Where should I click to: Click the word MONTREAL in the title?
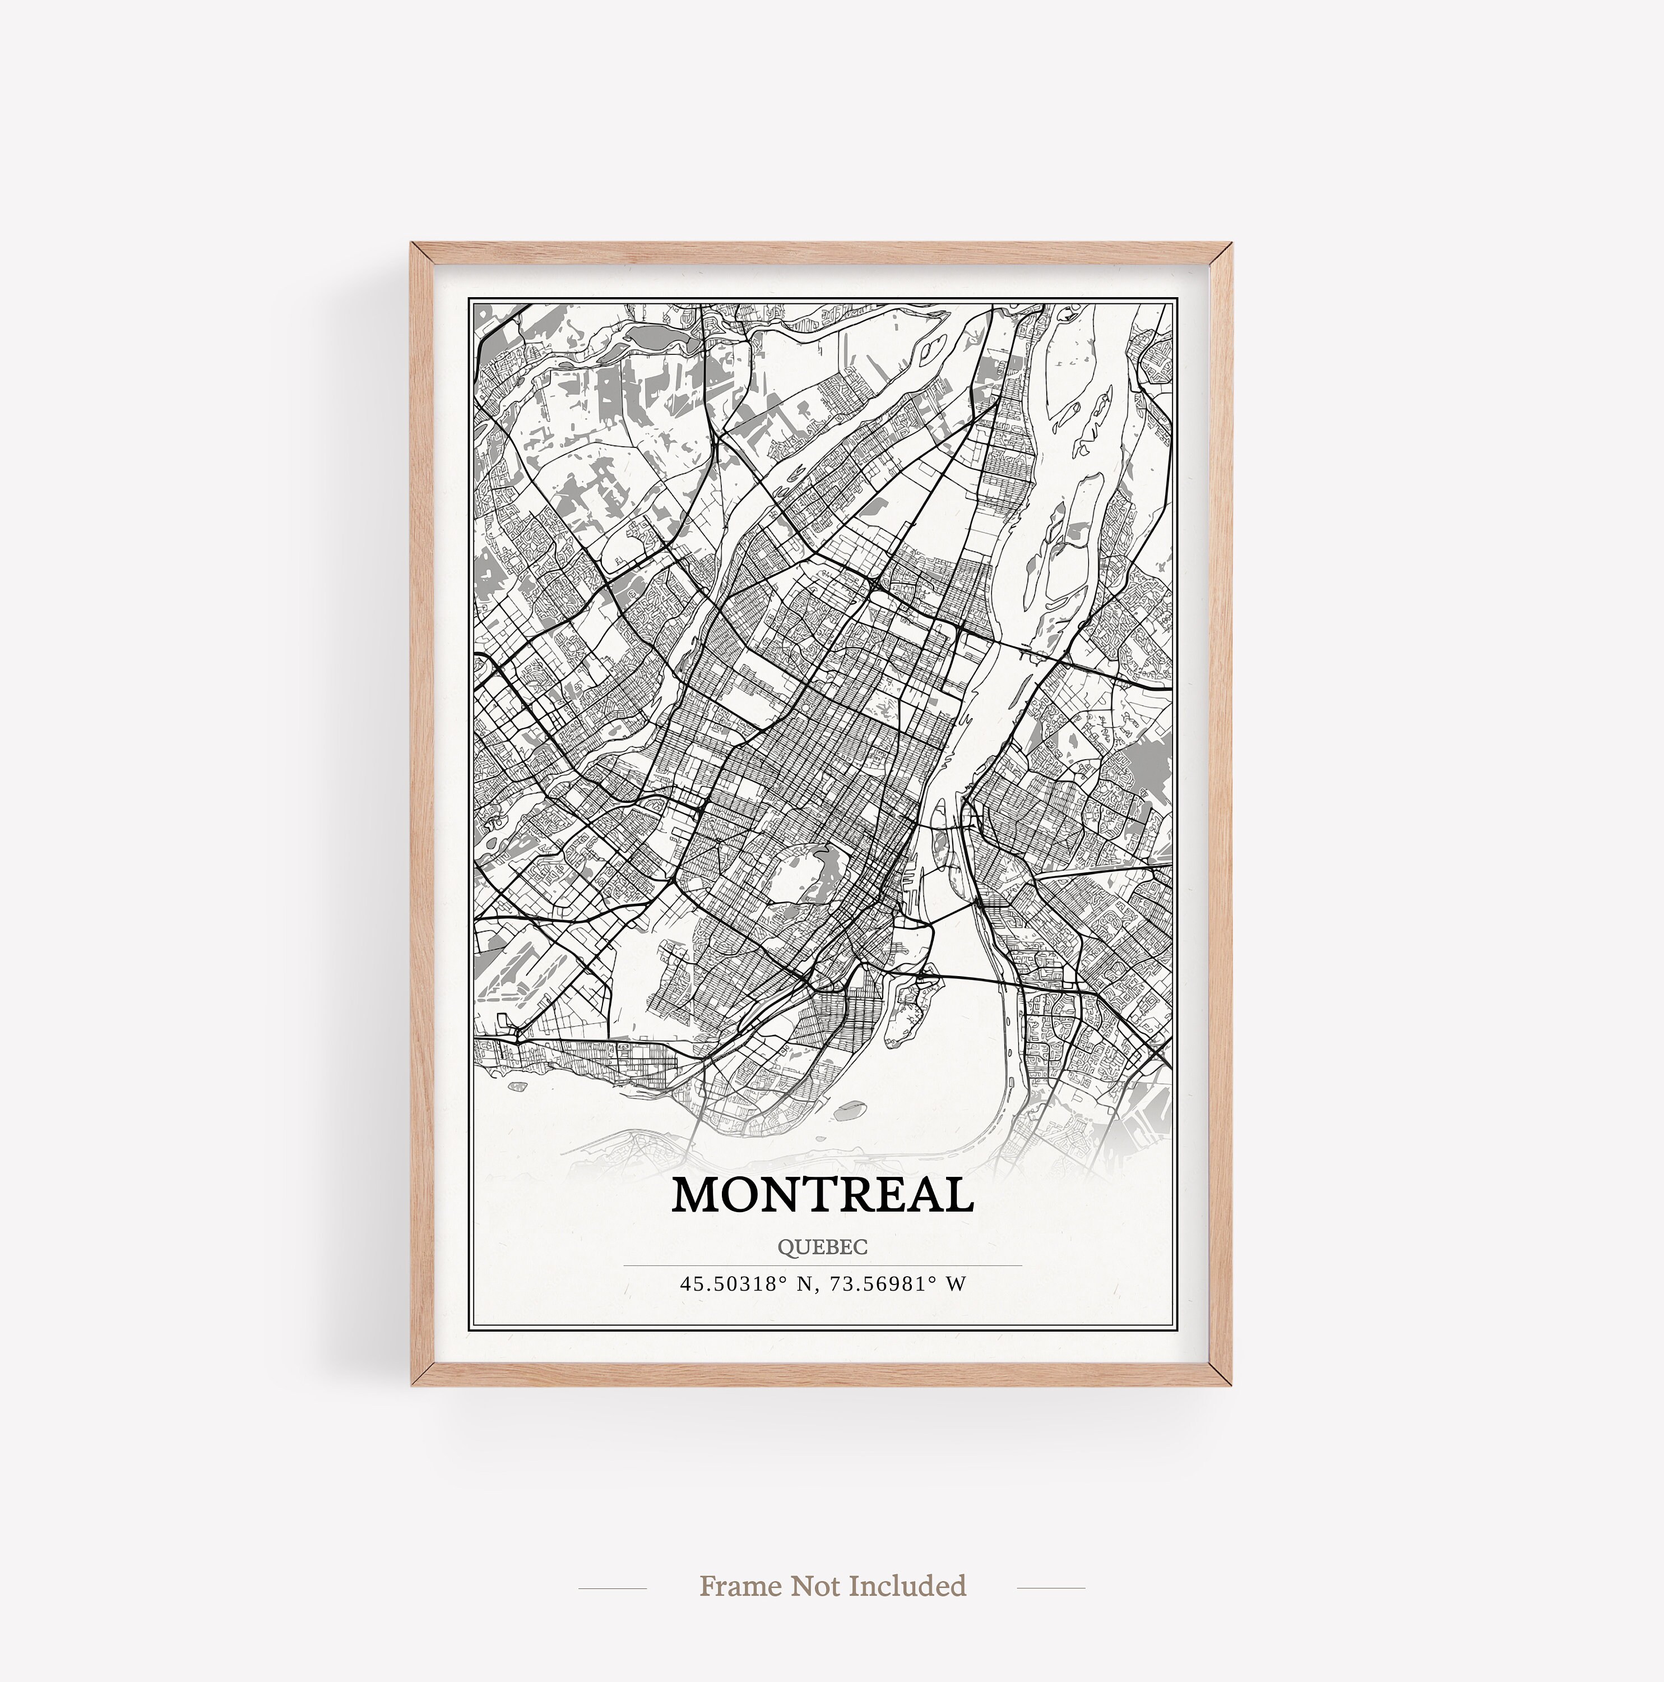point(822,1195)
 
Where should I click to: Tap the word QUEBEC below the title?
point(822,1247)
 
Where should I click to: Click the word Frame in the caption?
point(740,1586)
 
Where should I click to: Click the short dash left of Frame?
point(612,1587)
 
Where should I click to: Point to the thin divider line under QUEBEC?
point(822,1265)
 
